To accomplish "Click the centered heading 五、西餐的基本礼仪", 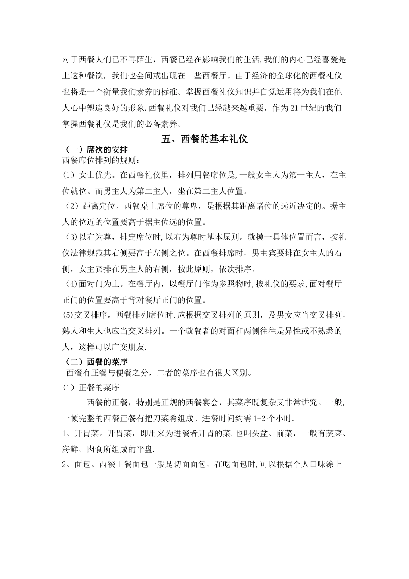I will click(x=204, y=139).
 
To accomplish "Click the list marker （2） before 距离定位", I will click(x=71, y=206).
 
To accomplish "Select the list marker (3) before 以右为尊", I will click(x=71, y=237).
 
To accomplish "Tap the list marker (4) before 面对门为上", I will click(x=71, y=284).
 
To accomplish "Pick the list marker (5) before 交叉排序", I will click(x=68, y=315).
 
